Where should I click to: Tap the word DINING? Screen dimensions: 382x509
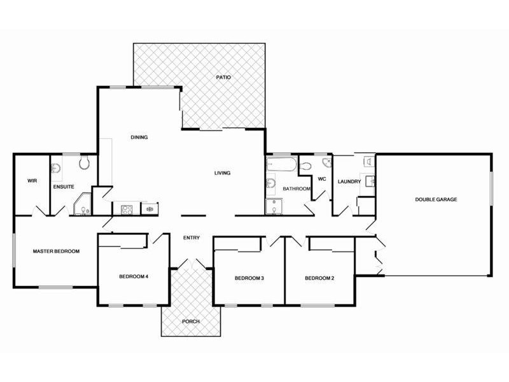tap(139, 138)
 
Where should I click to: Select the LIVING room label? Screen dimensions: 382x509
tap(222, 173)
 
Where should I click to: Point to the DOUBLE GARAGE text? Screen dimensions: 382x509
tap(436, 199)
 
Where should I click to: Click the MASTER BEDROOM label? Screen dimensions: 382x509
tap(56, 251)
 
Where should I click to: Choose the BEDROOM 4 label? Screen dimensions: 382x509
tap(133, 277)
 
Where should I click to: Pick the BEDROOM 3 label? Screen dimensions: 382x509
tap(249, 278)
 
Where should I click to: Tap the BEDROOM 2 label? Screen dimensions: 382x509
tap(319, 278)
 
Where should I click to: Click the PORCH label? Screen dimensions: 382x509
tap(191, 322)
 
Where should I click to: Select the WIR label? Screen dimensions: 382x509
tap(32, 181)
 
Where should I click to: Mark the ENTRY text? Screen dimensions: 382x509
tap(192, 238)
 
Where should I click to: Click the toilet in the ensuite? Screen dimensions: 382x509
tap(84, 164)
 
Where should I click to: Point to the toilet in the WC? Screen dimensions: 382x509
tap(307, 166)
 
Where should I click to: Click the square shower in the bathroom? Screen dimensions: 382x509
tap(274, 206)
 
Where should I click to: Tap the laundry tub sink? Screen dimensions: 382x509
tap(368, 180)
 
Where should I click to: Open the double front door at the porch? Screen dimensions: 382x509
tap(191, 264)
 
